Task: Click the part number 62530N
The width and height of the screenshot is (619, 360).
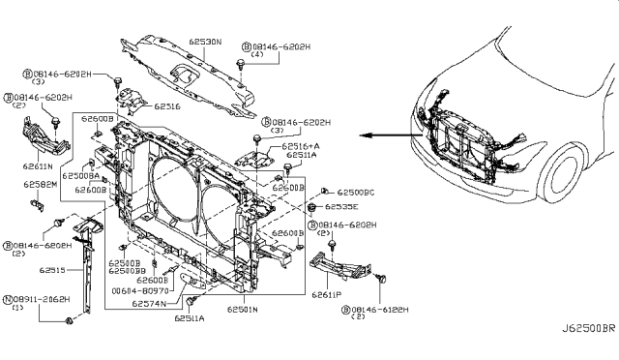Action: [204, 43]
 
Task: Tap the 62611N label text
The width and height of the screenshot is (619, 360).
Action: [26, 166]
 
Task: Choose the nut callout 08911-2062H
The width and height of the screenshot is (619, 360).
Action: [43, 301]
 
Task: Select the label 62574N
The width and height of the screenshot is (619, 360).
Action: [151, 302]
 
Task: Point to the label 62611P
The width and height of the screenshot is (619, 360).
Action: [327, 292]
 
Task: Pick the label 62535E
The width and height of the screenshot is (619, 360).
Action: [341, 207]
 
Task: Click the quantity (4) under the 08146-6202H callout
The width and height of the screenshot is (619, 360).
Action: [256, 56]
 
